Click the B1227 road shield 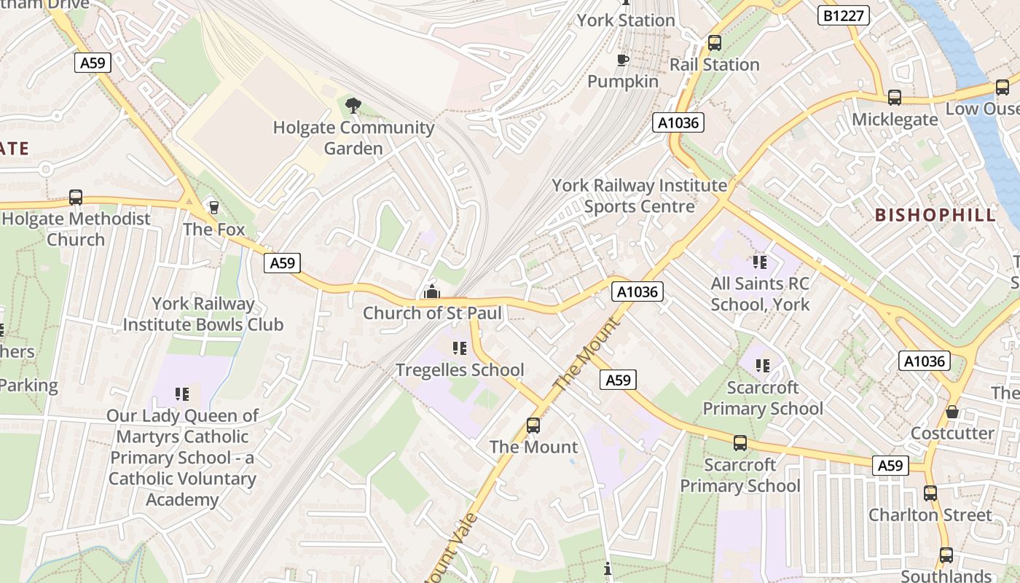click(844, 15)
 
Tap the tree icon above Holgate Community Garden click(353, 106)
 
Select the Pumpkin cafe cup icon click(622, 60)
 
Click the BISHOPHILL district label click(935, 215)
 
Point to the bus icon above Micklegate click(894, 98)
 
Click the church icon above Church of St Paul click(432, 292)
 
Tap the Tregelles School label click(460, 370)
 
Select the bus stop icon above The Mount click(533, 426)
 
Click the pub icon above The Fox click(213, 208)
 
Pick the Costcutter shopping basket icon click(952, 412)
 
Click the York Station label click(626, 20)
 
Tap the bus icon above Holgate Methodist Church click(76, 197)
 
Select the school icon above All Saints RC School click(760, 262)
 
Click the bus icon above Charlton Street click(930, 493)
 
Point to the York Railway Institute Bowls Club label click(203, 314)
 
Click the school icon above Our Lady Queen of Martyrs click(182, 395)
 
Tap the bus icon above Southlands click(946, 555)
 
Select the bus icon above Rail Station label click(714, 43)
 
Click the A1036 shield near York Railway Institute click(678, 122)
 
